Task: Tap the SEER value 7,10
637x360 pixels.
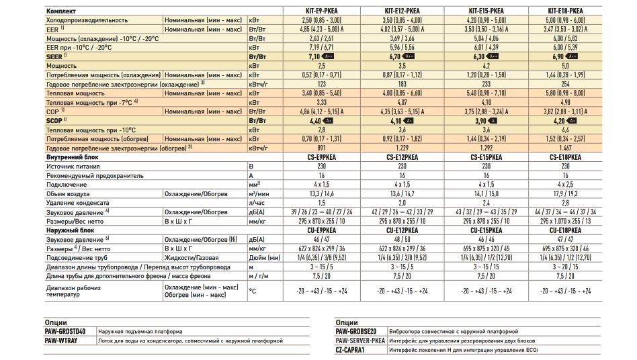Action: click(313, 58)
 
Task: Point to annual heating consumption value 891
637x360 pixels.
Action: click(321, 147)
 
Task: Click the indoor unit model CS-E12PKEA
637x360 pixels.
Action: click(402, 156)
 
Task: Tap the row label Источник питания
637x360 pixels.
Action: click(73, 165)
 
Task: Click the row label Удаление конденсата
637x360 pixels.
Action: click(77, 202)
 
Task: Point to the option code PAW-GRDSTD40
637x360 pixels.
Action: click(65, 331)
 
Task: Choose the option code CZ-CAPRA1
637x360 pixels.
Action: click(353, 349)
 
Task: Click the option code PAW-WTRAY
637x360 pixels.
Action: click(61, 341)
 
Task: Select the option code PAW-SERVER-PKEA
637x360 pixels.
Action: click(360, 341)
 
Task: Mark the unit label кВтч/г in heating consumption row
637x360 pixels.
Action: click(258, 147)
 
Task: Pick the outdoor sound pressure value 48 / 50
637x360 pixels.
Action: click(402, 239)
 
